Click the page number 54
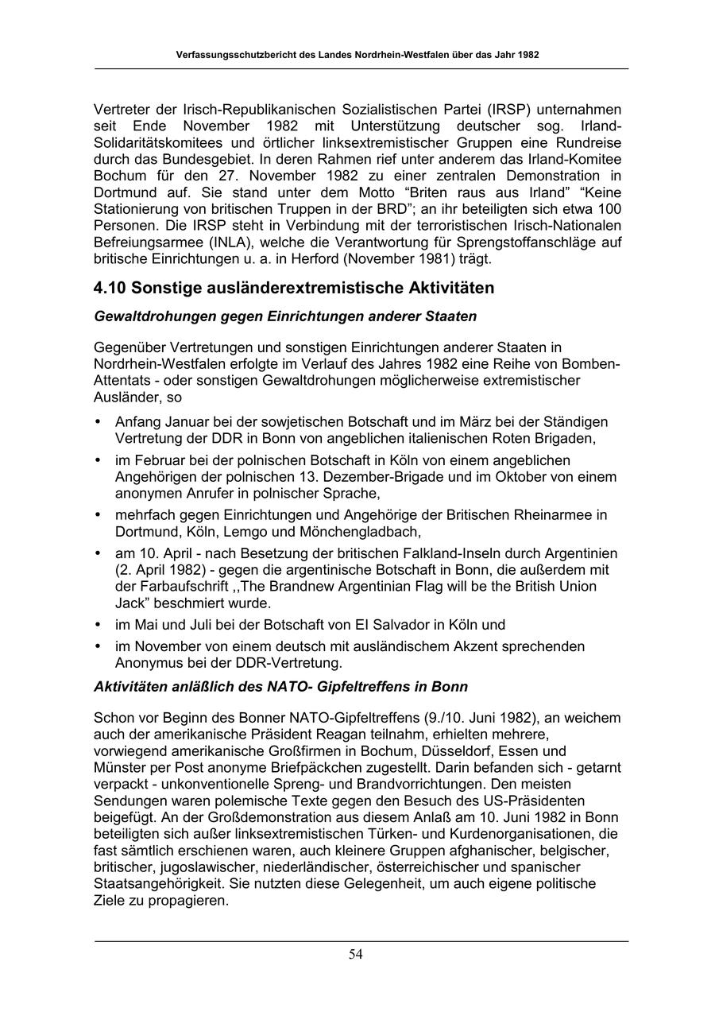[x=356, y=955]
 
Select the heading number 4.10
[x=110, y=288]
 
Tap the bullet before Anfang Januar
[x=98, y=422]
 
